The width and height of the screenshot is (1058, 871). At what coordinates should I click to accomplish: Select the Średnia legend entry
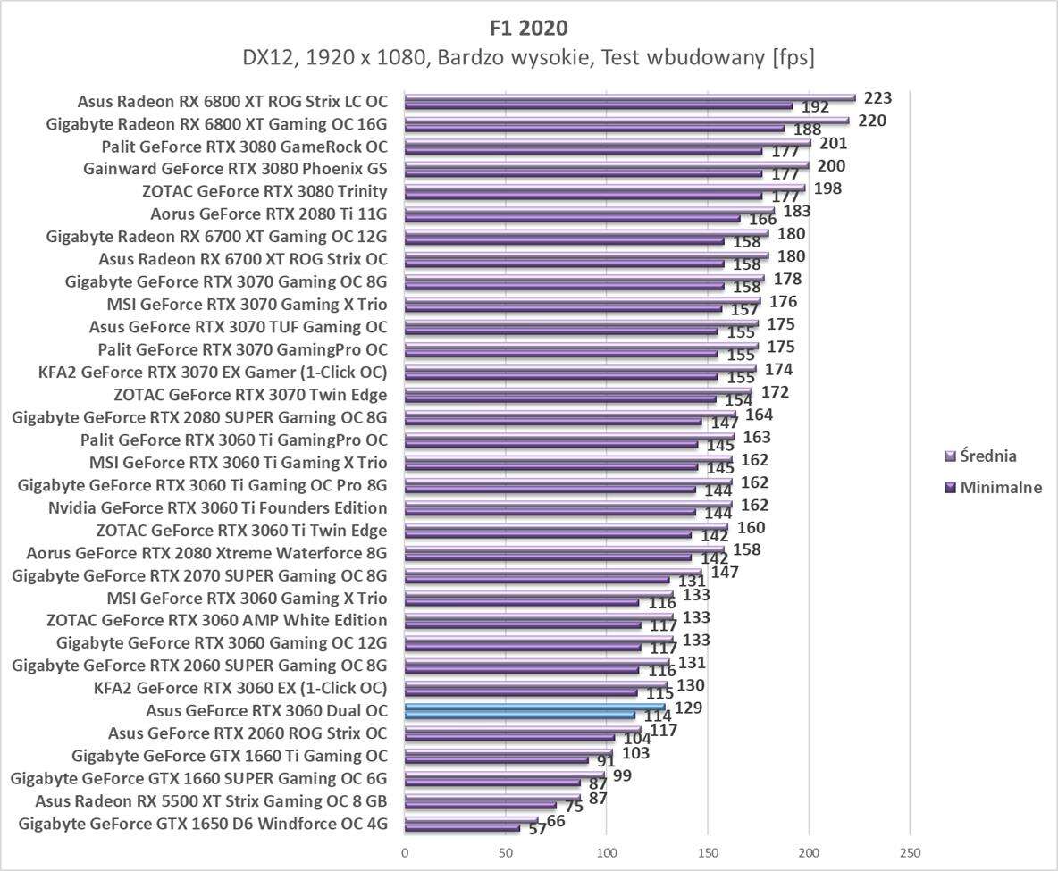(988, 456)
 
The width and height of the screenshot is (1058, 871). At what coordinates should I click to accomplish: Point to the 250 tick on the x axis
(910, 851)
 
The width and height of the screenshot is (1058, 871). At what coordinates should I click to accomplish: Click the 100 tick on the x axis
(607, 851)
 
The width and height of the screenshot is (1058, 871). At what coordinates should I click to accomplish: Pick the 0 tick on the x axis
(405, 851)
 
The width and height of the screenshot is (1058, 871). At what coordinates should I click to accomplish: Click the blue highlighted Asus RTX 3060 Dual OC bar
(534, 708)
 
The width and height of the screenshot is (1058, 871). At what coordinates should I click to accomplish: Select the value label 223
(871, 97)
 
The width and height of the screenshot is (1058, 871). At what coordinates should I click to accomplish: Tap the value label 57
(536, 829)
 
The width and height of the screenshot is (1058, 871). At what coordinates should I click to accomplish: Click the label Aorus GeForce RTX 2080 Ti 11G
(269, 214)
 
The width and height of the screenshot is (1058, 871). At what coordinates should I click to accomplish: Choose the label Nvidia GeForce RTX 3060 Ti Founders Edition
(218, 507)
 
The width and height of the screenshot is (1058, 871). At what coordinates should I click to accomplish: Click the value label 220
(871, 121)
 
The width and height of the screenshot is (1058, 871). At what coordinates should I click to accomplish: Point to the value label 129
(687, 708)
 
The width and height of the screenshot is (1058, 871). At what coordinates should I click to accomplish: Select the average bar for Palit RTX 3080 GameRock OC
(608, 143)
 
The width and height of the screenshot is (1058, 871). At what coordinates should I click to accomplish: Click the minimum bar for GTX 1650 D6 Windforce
(462, 828)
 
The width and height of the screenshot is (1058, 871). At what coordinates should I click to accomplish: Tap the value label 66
(555, 820)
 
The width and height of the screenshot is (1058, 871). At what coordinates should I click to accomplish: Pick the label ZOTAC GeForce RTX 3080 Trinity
(264, 191)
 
